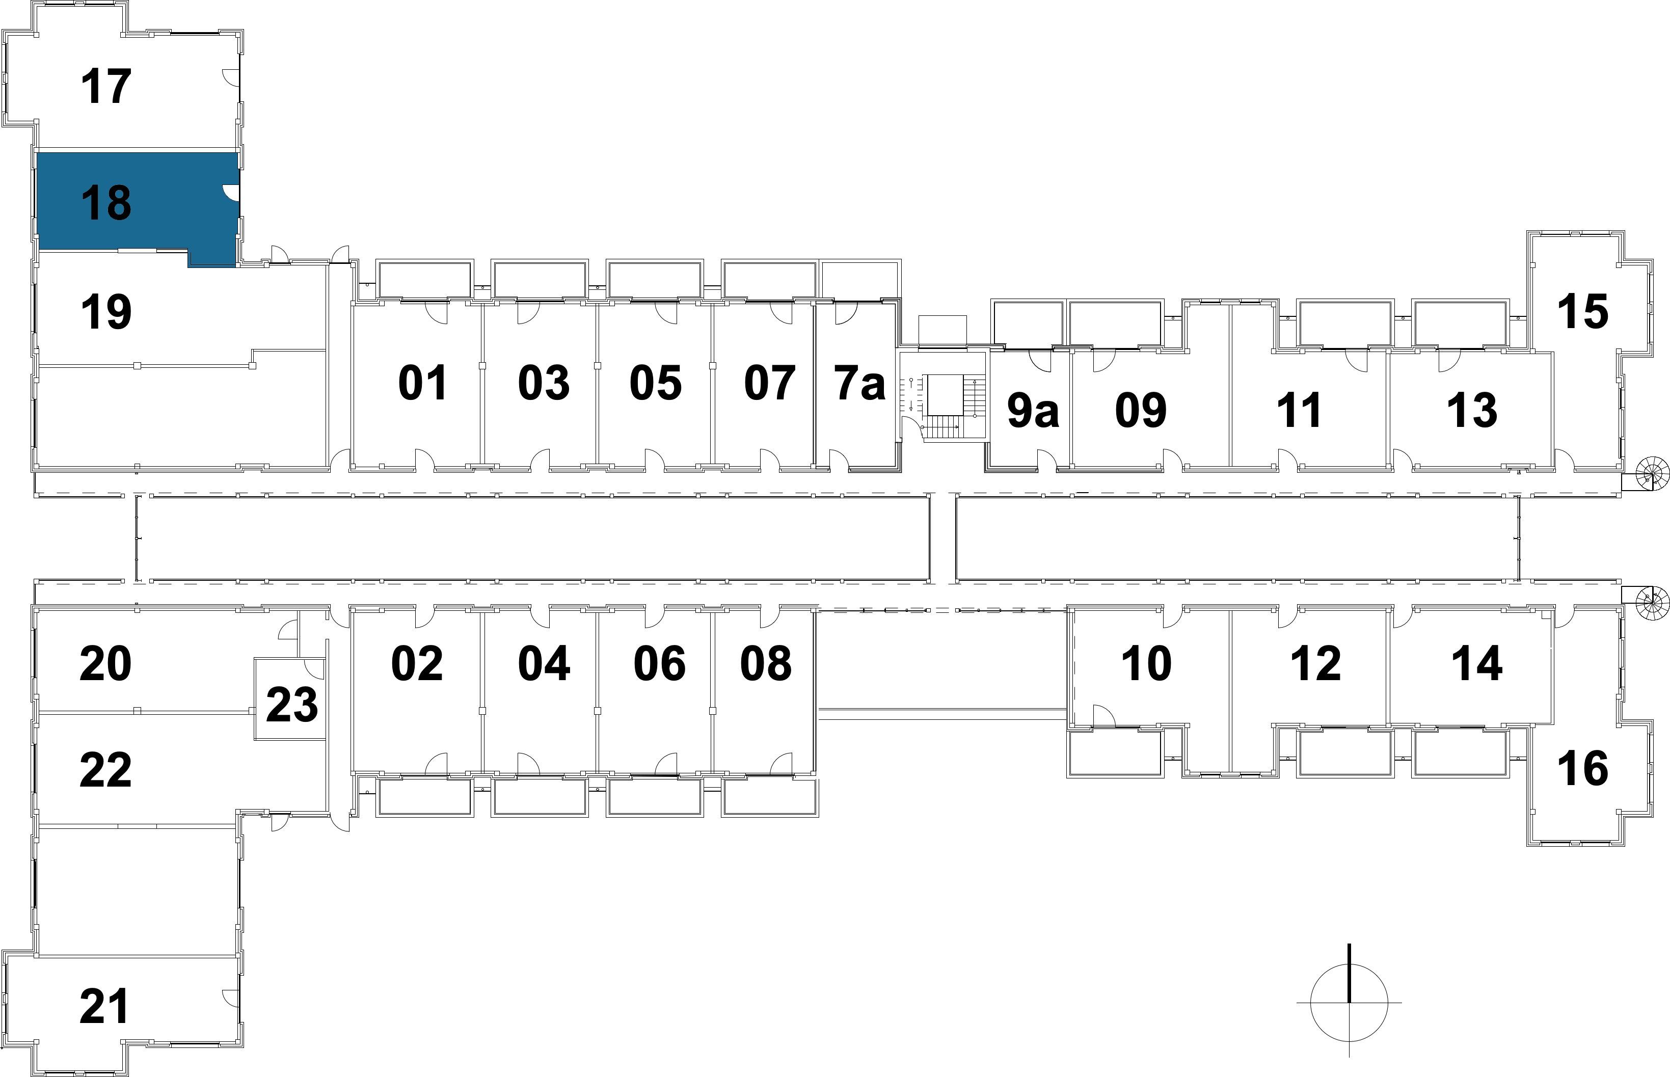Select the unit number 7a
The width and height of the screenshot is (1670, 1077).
[859, 383]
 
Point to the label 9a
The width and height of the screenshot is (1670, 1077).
[1032, 411]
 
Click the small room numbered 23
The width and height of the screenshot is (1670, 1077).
[291, 704]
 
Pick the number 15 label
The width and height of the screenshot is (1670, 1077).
[1582, 311]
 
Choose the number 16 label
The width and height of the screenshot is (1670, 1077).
[1582, 768]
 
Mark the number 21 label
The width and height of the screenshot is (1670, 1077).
[105, 1006]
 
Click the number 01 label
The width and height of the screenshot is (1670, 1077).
[422, 383]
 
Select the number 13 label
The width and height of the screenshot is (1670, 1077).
[1471, 411]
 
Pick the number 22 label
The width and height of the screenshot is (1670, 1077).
[105, 770]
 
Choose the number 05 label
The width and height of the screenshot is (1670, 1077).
[655, 383]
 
